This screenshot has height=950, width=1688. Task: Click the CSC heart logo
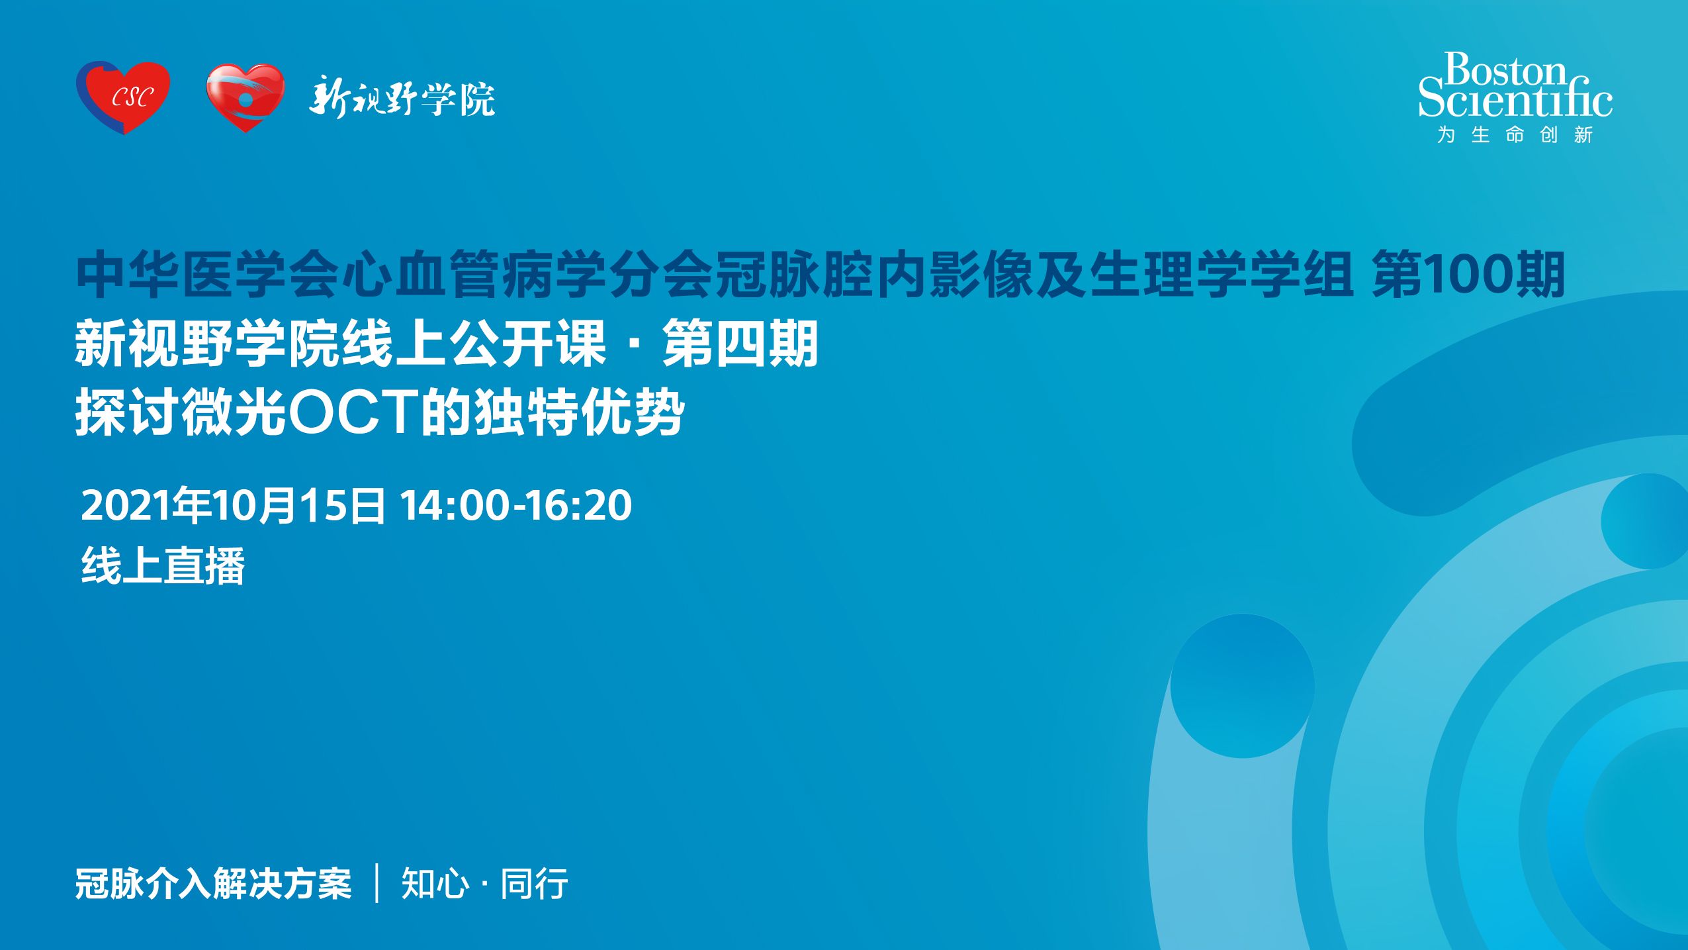(123, 97)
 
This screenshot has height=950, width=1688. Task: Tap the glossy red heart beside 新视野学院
(245, 97)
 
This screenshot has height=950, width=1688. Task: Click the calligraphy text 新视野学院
(402, 98)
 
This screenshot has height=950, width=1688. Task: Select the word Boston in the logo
(1505, 70)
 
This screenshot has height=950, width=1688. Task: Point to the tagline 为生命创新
(1515, 135)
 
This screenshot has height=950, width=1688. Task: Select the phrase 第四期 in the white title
(740, 344)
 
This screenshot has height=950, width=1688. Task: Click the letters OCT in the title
(353, 413)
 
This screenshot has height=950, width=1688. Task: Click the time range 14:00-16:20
(516, 505)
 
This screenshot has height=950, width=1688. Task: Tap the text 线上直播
(163, 566)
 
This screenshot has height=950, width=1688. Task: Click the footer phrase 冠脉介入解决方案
(213, 884)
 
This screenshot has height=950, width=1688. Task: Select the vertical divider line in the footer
(377, 883)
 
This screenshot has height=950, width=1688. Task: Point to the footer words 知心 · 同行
(485, 884)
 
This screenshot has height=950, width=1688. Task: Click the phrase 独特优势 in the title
(579, 413)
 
